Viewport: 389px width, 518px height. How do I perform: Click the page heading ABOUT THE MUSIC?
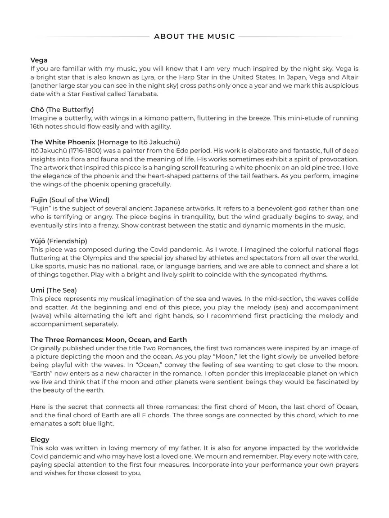click(x=194, y=36)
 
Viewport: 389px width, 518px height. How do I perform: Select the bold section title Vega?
click(x=39, y=60)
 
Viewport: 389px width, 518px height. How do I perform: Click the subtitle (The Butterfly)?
click(x=70, y=110)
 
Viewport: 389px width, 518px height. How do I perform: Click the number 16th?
click(x=37, y=126)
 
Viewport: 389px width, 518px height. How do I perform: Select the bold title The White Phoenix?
click(x=63, y=142)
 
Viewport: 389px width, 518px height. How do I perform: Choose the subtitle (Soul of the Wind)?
click(x=79, y=200)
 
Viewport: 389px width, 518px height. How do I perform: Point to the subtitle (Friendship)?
click(x=67, y=241)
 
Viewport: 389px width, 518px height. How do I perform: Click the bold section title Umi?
click(x=37, y=290)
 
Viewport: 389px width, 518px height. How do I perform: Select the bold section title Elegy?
click(x=40, y=440)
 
